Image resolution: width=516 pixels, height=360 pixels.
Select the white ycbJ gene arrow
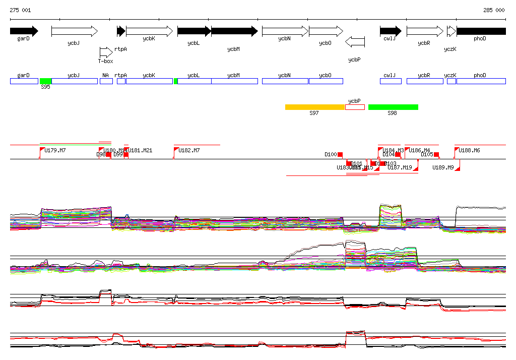tap(74, 31)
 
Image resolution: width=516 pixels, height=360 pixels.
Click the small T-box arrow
tap(106, 52)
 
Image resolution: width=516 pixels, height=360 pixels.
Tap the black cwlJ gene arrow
tap(391, 31)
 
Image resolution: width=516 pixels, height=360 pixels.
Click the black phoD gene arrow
tap(481, 31)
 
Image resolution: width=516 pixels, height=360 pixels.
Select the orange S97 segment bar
tap(314, 107)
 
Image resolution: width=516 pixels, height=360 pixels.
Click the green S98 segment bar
tap(393, 107)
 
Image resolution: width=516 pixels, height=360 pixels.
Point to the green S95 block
tap(45, 81)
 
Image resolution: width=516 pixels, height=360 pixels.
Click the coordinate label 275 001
tap(20, 10)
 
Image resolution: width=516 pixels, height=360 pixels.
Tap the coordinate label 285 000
tap(494, 10)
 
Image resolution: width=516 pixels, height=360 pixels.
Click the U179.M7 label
tap(55, 150)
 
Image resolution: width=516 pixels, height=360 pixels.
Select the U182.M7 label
tap(189, 150)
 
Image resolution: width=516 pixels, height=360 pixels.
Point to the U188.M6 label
tap(470, 150)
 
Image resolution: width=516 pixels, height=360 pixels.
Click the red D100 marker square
tap(340, 154)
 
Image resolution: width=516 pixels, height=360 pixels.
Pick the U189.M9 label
tap(443, 167)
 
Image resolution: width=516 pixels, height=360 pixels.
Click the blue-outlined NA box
tap(106, 81)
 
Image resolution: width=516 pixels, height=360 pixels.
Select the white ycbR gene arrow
tap(424, 31)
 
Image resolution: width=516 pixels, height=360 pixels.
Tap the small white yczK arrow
tap(451, 31)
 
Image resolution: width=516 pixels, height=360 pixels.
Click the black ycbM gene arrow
tap(234, 31)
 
